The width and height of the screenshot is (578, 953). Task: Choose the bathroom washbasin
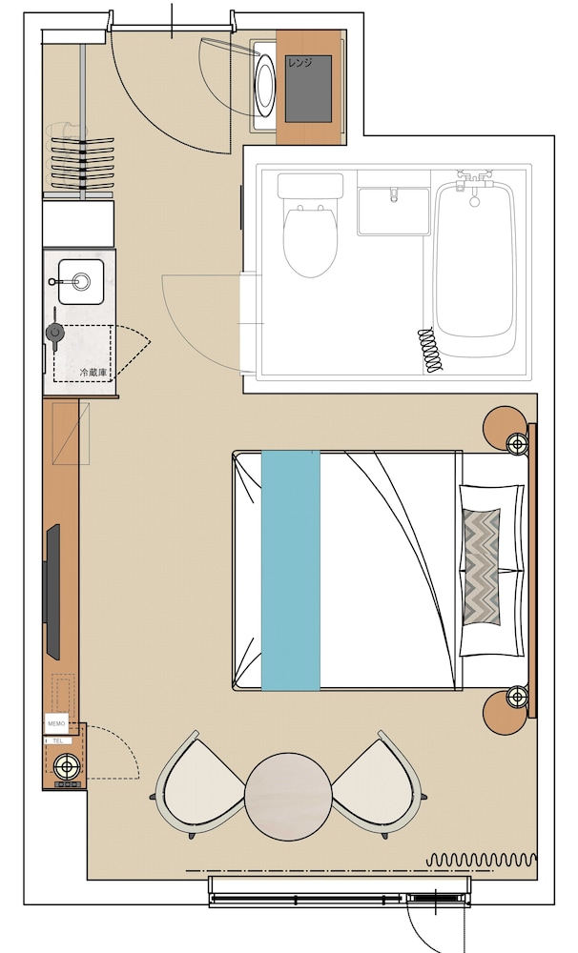(393, 211)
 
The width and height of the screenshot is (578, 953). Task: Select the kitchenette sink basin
(80, 281)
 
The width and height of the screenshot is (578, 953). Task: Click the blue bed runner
(291, 570)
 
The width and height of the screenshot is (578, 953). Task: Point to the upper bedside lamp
(517, 443)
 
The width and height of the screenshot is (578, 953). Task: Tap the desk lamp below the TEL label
(66, 765)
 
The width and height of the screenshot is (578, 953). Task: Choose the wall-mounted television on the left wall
(52, 591)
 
